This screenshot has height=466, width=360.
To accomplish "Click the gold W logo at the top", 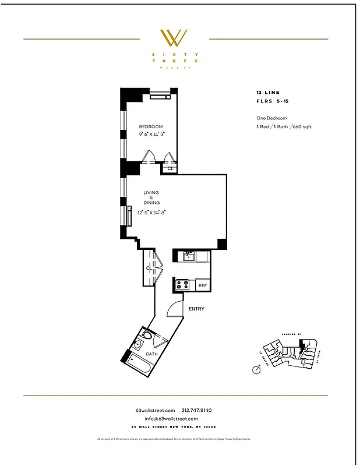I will pyautogui.click(x=173, y=38).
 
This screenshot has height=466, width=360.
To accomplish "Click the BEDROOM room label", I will pyautogui.click(x=150, y=126).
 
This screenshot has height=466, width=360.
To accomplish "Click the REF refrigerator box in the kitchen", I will pyautogui.click(x=203, y=285).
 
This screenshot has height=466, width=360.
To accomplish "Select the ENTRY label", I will pyautogui.click(x=196, y=309).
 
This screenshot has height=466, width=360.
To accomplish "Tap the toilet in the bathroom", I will pyautogui.click(x=146, y=337).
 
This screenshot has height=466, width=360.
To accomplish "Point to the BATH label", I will pyautogui.click(x=151, y=354).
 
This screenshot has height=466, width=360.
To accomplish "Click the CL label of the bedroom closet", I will pyautogui.click(x=170, y=168).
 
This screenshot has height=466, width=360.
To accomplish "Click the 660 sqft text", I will pyautogui.click(x=302, y=126).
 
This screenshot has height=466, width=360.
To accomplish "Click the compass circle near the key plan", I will pyautogui.click(x=256, y=369).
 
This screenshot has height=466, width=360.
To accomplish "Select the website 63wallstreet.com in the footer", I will pyautogui.click(x=155, y=410).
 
